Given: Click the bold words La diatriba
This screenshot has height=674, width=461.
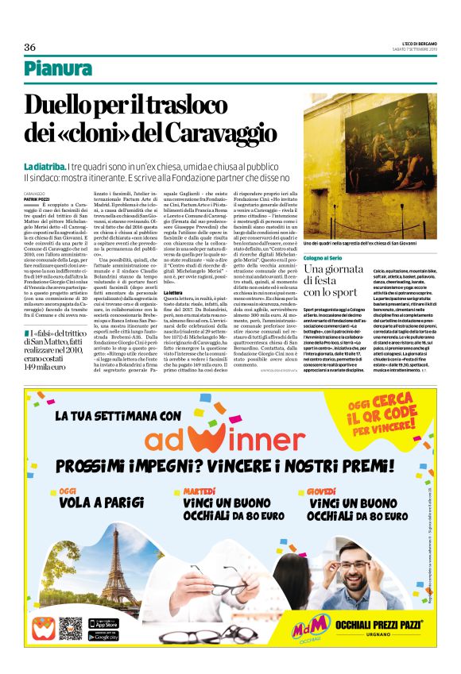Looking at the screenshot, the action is pyautogui.click(x=45, y=167).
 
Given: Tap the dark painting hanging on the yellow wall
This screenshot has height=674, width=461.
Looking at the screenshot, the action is pyautogui.click(x=366, y=150).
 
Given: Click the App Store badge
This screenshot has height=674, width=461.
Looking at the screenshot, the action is pyautogui.click(x=103, y=622).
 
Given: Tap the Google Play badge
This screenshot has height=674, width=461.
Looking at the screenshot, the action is pyautogui.click(x=103, y=635).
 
